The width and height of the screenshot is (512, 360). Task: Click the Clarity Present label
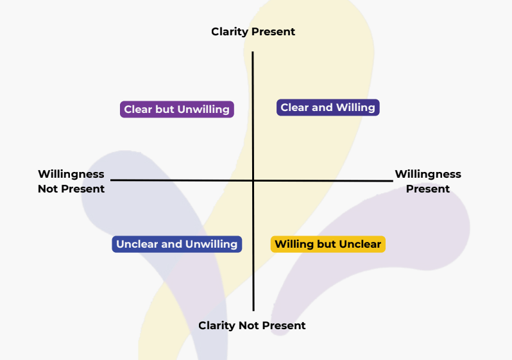pyautogui.click(x=253, y=31)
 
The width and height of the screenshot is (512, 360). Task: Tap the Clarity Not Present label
pyautogui.click(x=252, y=325)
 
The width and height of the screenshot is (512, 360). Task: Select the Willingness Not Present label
pyautogui.click(x=71, y=181)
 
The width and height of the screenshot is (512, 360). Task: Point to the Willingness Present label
pyautogui.click(x=427, y=181)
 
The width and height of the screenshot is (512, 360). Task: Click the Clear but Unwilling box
pyautogui.click(x=176, y=109)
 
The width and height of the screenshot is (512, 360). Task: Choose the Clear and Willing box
pyautogui.click(x=328, y=107)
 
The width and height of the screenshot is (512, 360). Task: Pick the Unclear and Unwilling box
pyautogui.click(x=176, y=244)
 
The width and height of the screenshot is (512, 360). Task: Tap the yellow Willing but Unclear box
pyautogui.click(x=328, y=244)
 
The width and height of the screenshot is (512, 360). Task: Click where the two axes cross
pyautogui.click(x=253, y=180)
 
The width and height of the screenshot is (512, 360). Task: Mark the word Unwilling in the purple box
pyautogui.click(x=203, y=109)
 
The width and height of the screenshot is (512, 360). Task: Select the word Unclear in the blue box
pyautogui.click(x=137, y=244)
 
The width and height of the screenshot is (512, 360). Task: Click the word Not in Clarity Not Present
pyautogui.click(x=248, y=325)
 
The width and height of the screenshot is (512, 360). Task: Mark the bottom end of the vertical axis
pyautogui.click(x=253, y=310)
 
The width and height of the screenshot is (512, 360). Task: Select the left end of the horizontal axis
pyautogui.click(x=112, y=180)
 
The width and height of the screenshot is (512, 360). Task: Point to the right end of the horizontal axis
pyautogui.click(x=391, y=181)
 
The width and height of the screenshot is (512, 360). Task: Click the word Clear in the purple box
pyautogui.click(x=138, y=109)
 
